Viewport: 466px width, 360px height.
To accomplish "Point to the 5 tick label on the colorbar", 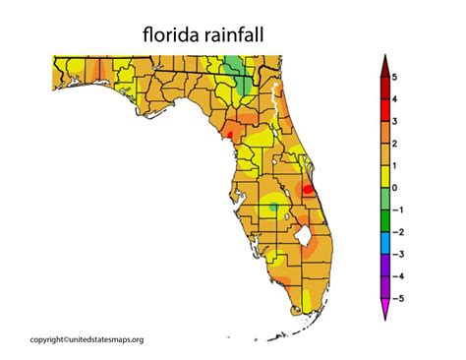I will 393,77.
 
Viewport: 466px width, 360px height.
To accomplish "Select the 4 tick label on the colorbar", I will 393,99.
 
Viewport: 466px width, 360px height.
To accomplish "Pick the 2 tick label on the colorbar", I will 393,144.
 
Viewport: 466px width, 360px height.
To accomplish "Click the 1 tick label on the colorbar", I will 393,165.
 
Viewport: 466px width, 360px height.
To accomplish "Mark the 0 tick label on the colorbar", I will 393,188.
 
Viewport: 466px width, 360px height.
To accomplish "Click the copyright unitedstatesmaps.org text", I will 87,340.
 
